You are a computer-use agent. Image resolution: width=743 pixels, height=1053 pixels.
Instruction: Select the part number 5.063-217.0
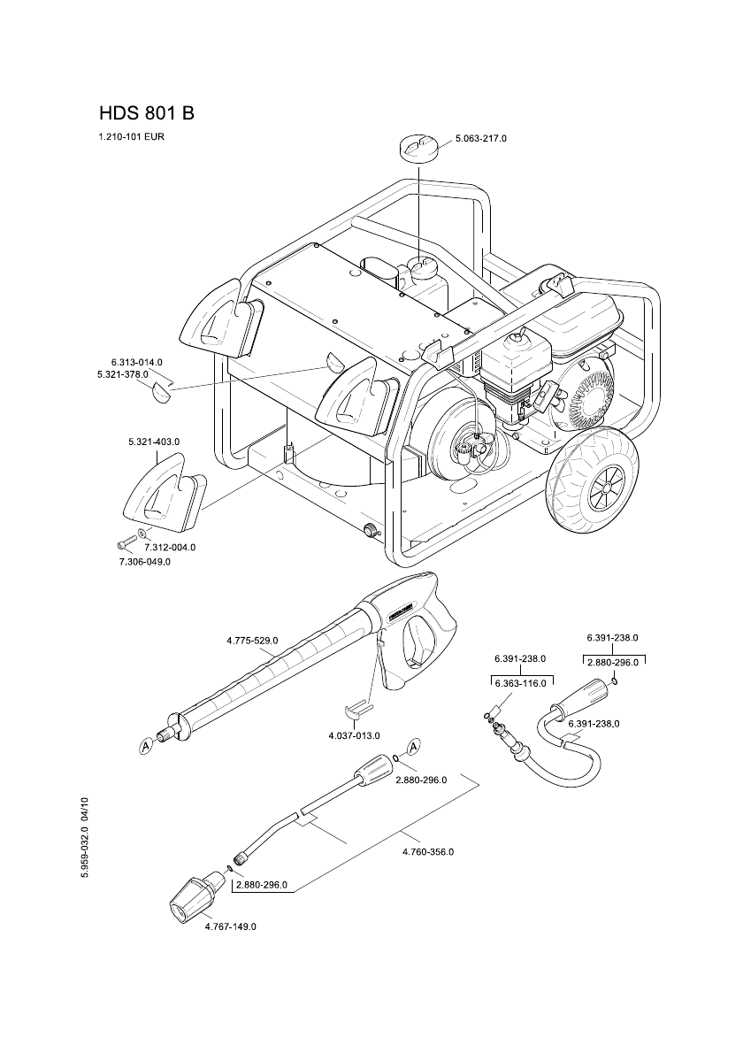(481, 139)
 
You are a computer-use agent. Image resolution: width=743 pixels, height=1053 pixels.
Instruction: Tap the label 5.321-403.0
(154, 441)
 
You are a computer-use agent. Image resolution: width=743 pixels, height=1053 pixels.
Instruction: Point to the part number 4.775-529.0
(253, 640)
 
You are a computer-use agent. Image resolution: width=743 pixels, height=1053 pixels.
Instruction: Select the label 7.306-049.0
(144, 561)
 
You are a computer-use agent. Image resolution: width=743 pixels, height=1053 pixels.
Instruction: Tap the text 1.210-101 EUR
(132, 137)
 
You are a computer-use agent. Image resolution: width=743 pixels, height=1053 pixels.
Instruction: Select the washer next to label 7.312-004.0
(143, 536)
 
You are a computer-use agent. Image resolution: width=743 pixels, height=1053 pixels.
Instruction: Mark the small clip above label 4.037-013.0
(357, 709)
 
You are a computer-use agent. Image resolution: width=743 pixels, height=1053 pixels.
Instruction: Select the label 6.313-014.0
(137, 363)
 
